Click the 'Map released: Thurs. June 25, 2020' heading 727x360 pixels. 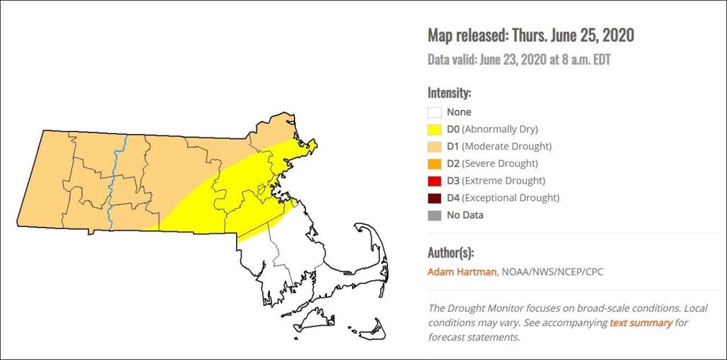click(530, 35)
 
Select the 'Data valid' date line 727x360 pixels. click(519, 60)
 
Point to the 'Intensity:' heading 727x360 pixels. click(449, 93)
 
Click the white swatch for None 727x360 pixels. click(434, 112)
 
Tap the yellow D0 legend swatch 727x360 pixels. click(434, 130)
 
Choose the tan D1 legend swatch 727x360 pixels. click(434, 147)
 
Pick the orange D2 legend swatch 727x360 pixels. click(434, 164)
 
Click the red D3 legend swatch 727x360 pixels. click(434, 181)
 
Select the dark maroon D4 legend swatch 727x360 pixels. click(434, 198)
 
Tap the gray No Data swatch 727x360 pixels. click(434, 215)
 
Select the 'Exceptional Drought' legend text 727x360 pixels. click(510, 198)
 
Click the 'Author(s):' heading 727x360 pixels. click(451, 253)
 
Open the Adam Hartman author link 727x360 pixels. click(462, 272)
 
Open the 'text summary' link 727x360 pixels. click(641, 323)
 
